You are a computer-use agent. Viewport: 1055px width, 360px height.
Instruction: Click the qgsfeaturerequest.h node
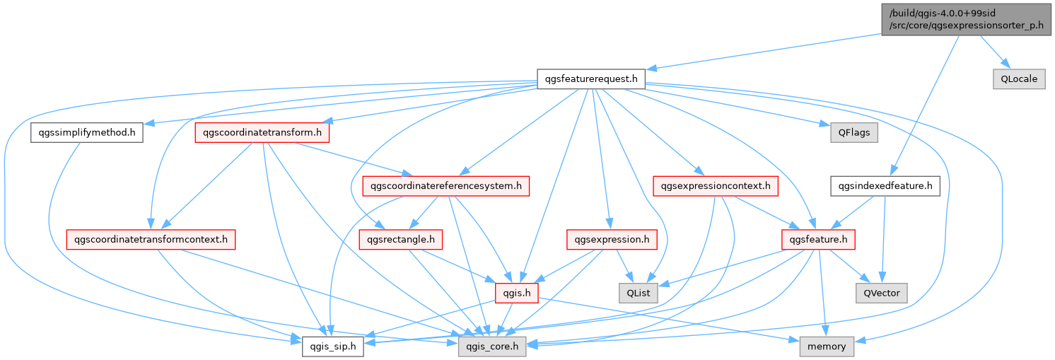pyautogui.click(x=590, y=79)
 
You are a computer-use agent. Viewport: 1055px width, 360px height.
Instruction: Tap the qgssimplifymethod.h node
pyautogui.click(x=86, y=132)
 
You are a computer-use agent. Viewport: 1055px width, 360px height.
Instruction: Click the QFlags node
pyautogui.click(x=854, y=132)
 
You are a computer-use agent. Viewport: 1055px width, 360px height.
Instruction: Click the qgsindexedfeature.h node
pyautogui.click(x=885, y=187)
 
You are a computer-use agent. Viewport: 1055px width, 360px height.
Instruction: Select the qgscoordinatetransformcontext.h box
pyautogui.click(x=150, y=240)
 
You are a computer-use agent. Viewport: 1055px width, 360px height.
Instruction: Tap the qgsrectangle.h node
pyautogui.click(x=401, y=240)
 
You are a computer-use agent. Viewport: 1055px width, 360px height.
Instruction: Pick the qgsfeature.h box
pyautogui.click(x=818, y=240)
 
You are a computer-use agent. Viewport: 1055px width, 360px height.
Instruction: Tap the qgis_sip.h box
pyautogui.click(x=333, y=347)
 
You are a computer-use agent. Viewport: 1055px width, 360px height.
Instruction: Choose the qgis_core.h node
pyautogui.click(x=491, y=347)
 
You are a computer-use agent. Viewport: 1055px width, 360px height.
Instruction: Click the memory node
pyautogui.click(x=827, y=347)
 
